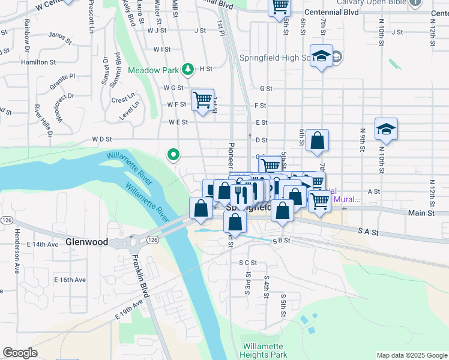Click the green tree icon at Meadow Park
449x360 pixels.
coord(188,70)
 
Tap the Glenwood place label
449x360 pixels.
coord(86,242)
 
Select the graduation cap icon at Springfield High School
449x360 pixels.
coord(322,56)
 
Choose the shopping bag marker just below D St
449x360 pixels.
coord(317,141)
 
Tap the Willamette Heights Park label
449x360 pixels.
coord(265,350)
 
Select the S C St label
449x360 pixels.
coord(247,262)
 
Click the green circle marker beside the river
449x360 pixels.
coord(173,155)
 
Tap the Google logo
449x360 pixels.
coord(20,352)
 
